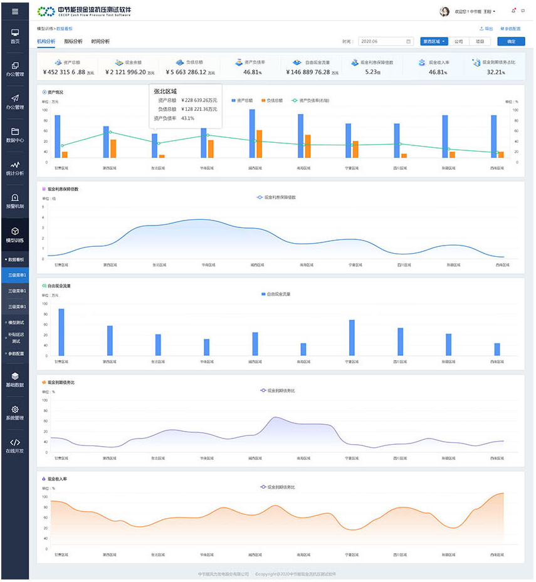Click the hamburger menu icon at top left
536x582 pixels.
tap(15, 11)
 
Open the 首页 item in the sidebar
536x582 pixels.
tap(15, 36)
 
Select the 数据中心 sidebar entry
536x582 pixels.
tap(15, 135)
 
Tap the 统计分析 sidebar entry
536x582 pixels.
tap(15, 169)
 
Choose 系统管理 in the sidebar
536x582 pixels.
tap(15, 413)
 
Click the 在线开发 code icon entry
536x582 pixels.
tap(15, 445)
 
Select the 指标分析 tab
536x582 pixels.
tap(73, 41)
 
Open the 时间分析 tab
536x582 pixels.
tap(100, 41)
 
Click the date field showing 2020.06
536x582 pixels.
tap(385, 41)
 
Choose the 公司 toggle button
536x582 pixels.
tap(459, 41)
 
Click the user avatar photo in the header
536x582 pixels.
tap(445, 11)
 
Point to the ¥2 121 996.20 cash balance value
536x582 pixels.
tap(126, 72)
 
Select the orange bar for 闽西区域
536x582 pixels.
tap(259, 144)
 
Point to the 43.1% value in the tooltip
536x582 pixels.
tap(187, 118)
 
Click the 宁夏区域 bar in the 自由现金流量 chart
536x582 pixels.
tap(352, 338)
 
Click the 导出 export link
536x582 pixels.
tap(486, 29)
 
